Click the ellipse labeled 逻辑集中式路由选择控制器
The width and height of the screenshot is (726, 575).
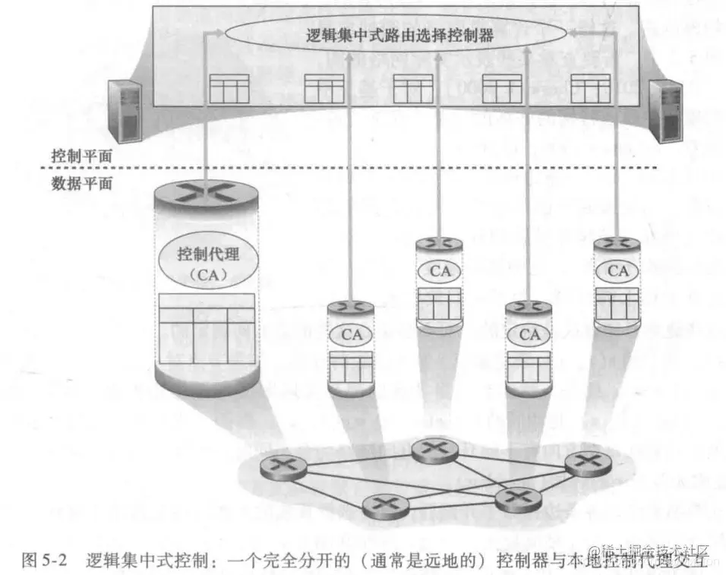pos(395,35)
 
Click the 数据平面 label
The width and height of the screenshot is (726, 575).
pos(81,183)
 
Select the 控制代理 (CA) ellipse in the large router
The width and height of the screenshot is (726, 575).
pos(207,262)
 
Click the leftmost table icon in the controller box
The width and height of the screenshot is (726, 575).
pos(229,89)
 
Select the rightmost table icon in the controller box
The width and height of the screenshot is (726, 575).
pos(590,89)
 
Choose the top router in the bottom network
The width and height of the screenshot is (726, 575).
pos(434,450)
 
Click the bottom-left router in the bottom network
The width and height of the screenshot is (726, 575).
pos(382,505)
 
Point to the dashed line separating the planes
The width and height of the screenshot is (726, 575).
pos(380,168)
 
